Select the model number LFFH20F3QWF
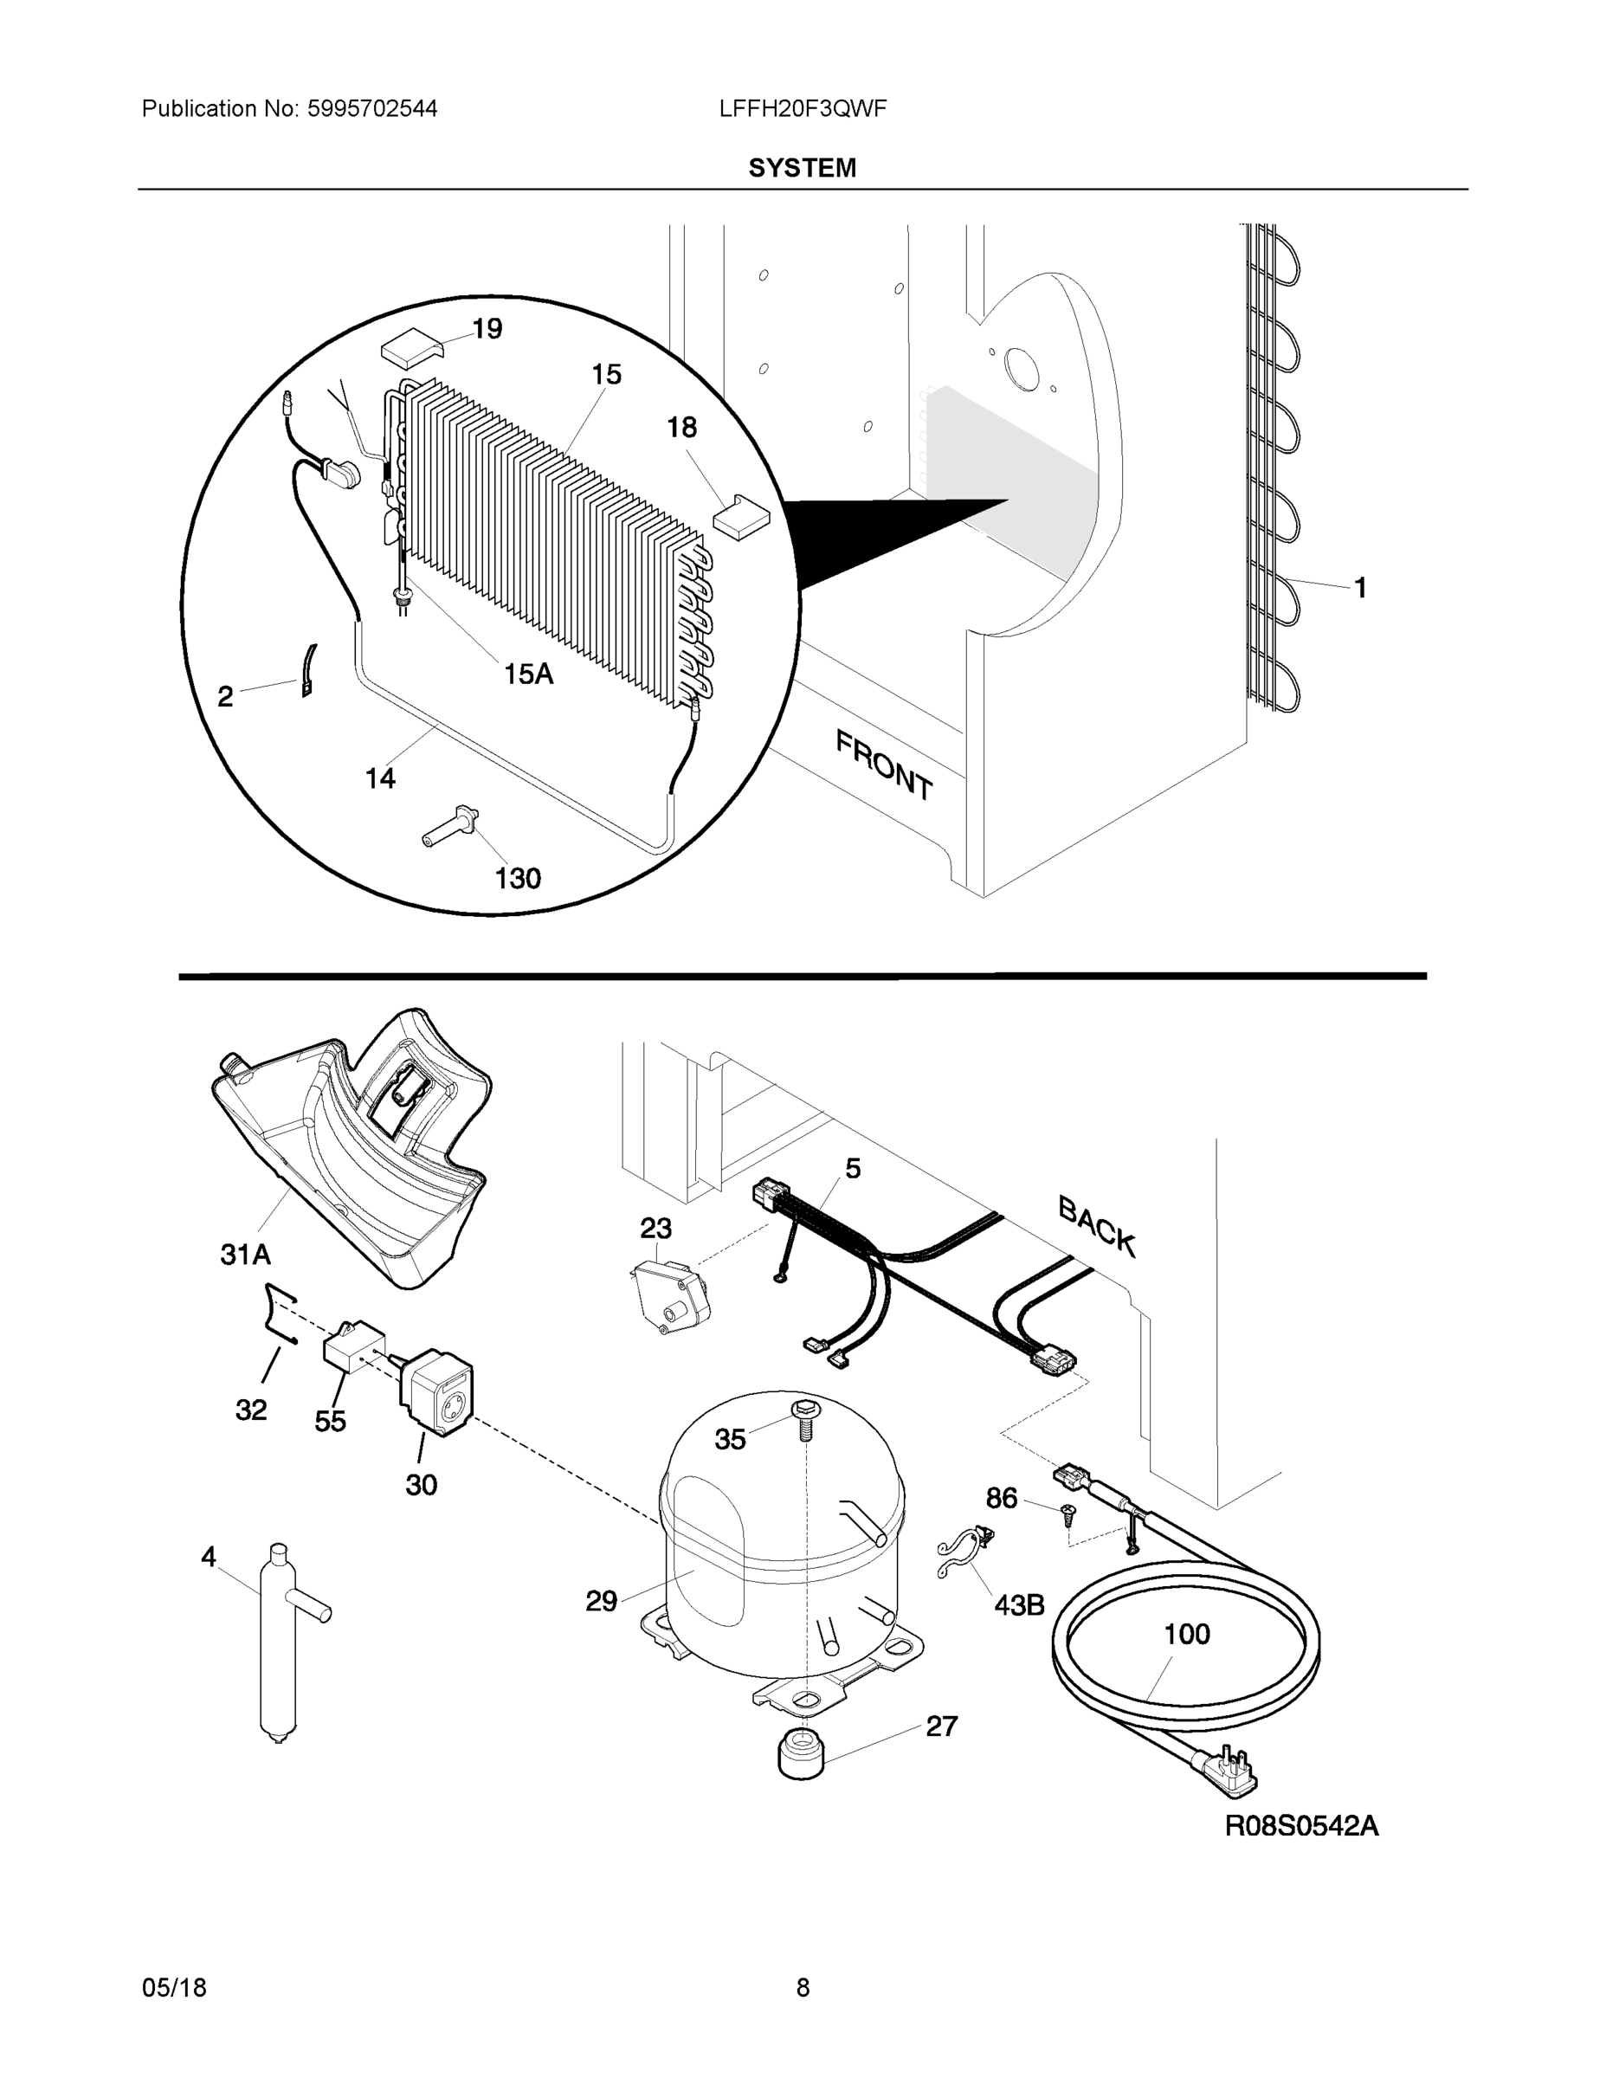[803, 108]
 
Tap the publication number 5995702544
[372, 108]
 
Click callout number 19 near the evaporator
[487, 329]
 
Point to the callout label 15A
[528, 674]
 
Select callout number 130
[518, 878]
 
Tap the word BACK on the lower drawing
[1097, 1226]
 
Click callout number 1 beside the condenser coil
[1360, 588]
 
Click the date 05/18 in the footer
[174, 1988]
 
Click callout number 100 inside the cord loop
[1186, 1635]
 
